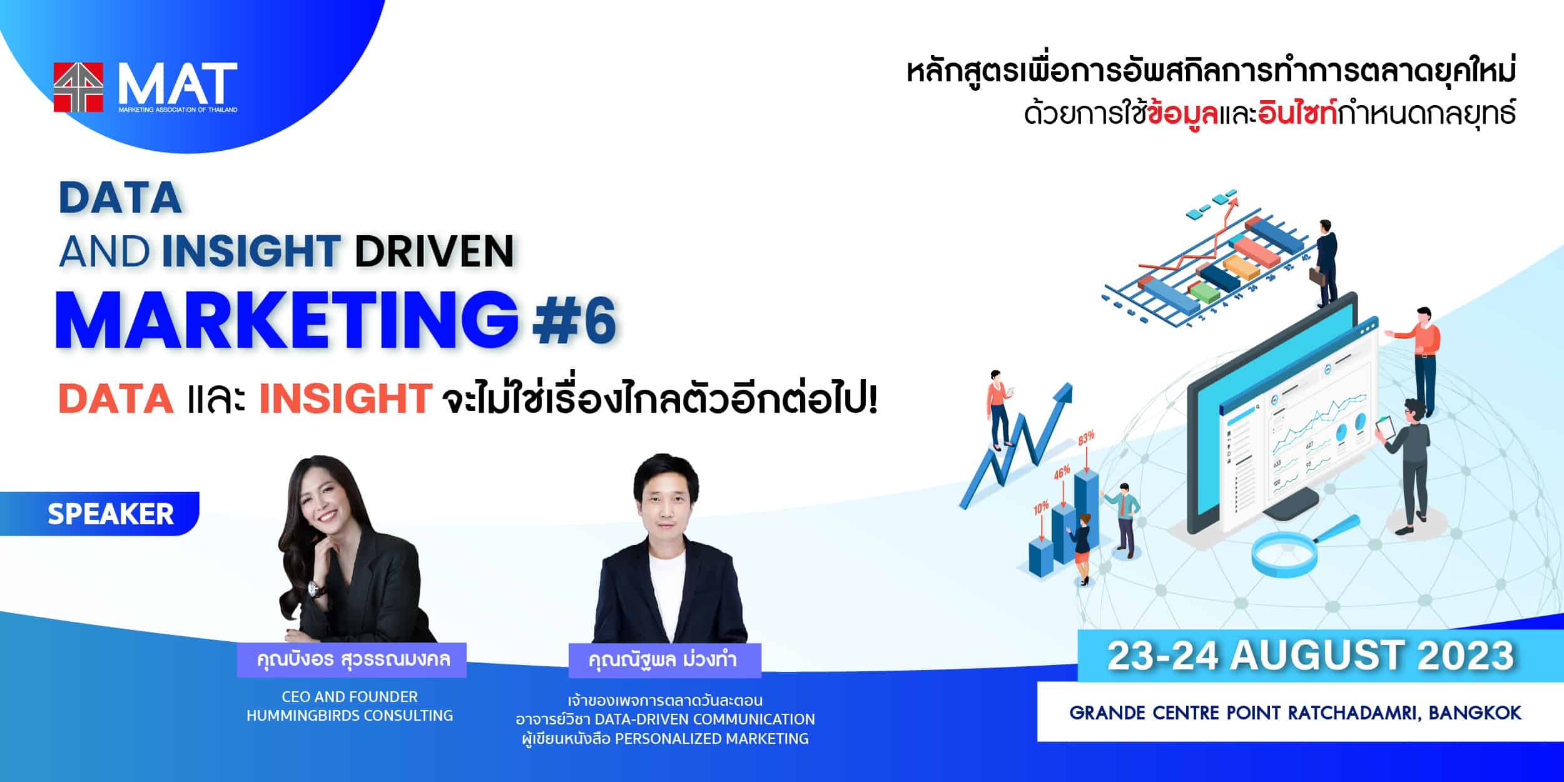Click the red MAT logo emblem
tap(78, 87)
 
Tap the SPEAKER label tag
tap(100, 514)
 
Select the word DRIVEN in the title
tap(435, 251)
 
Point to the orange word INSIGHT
tap(345, 398)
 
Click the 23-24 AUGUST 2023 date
tap(1311, 655)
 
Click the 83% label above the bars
tap(1086, 437)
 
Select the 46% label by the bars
tap(1062, 472)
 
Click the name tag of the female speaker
tap(352, 659)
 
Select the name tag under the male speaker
tap(664, 660)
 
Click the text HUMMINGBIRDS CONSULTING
tap(350, 715)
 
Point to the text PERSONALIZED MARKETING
tap(712, 738)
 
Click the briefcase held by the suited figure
tap(1316, 276)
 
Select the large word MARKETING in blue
tap(287, 320)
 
